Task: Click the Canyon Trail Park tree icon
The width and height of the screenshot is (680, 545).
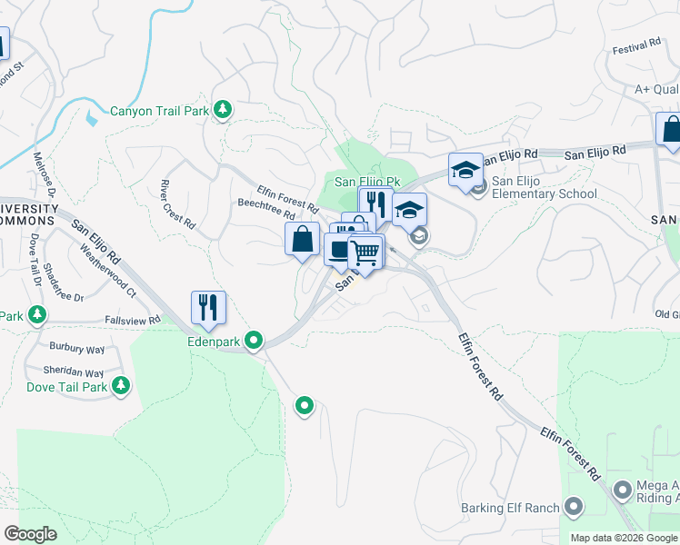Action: [223, 111]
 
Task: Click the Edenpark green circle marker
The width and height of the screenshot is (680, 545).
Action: [255, 341]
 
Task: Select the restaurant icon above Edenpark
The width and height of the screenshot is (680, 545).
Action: [208, 308]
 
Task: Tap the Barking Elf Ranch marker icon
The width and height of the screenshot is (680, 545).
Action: [575, 505]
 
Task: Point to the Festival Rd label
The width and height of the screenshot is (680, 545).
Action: [636, 45]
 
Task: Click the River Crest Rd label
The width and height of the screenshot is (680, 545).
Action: [178, 203]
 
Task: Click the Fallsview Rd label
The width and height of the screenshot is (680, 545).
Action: [132, 320]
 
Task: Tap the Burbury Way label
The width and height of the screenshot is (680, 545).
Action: [77, 348]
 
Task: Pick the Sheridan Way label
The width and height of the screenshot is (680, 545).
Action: [74, 372]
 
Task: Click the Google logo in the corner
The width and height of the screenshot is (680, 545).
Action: [31, 534]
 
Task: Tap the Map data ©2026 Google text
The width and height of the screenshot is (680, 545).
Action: [624, 538]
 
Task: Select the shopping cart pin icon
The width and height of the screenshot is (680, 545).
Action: [365, 252]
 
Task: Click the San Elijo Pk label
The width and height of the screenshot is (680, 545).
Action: [367, 182]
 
